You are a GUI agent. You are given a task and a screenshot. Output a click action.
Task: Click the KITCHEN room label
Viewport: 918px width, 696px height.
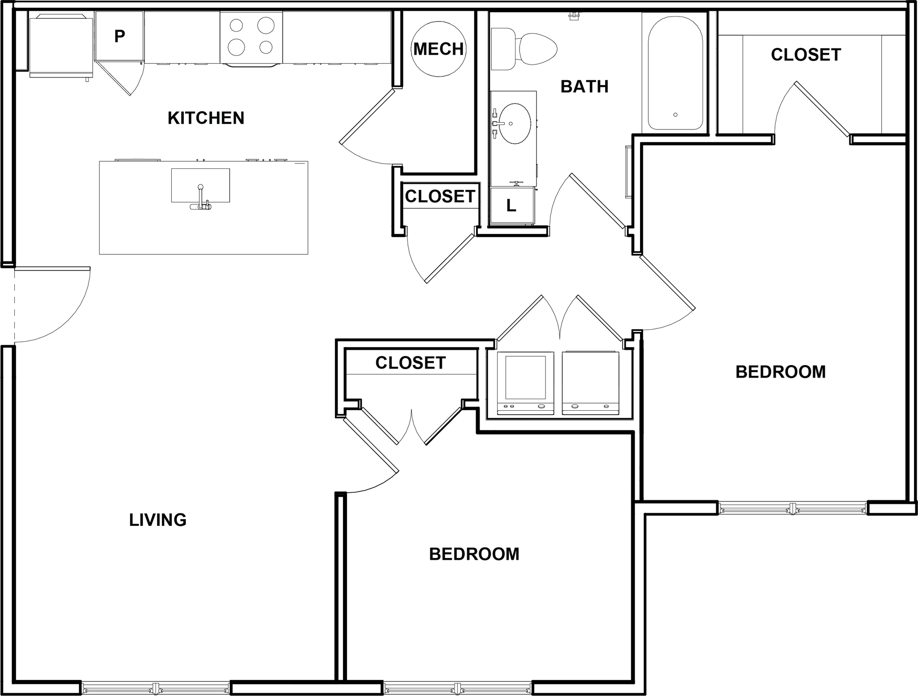(206, 118)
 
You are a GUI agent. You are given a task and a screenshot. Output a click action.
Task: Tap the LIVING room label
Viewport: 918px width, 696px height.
(158, 520)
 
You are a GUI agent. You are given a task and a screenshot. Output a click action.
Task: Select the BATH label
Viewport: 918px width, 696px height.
(585, 86)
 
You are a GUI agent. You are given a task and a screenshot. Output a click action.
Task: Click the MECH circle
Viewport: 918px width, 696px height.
(438, 49)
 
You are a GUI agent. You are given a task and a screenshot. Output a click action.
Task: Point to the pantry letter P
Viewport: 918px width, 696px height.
(119, 36)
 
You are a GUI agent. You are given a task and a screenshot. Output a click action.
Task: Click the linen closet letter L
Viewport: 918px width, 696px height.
(511, 206)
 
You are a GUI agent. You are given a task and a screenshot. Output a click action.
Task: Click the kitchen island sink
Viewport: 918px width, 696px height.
(200, 185)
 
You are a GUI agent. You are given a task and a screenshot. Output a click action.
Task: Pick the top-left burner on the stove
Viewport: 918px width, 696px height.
(236, 26)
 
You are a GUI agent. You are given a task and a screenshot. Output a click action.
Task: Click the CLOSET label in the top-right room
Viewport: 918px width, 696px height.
(805, 55)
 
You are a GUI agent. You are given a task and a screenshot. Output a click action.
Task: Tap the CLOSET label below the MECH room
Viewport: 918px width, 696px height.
(440, 196)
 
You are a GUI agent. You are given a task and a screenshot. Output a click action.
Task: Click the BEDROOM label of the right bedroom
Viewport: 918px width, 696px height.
(780, 372)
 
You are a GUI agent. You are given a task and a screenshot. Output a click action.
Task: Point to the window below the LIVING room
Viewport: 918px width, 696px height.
(156, 687)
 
